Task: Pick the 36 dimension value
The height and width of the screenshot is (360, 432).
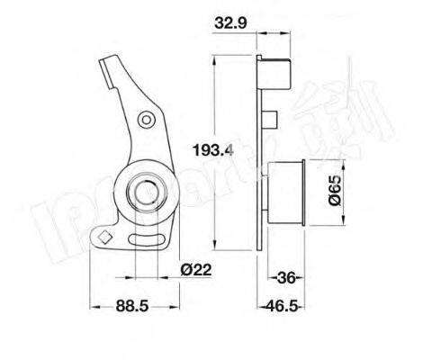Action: point(287,277)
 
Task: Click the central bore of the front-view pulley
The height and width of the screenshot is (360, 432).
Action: point(143,191)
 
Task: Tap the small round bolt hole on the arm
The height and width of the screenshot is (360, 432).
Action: point(146,121)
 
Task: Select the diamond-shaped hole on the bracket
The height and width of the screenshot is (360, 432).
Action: point(105,238)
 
